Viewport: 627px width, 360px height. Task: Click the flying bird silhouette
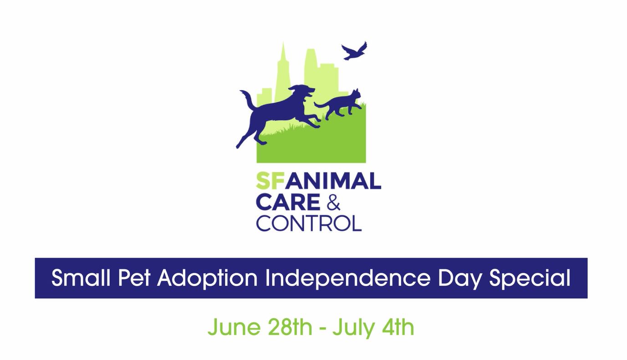point(354,51)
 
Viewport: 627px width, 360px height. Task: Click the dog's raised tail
point(247,99)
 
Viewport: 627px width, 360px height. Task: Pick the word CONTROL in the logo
point(309,223)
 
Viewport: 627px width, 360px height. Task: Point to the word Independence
point(347,278)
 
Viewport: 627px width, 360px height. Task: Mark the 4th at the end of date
point(397,327)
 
